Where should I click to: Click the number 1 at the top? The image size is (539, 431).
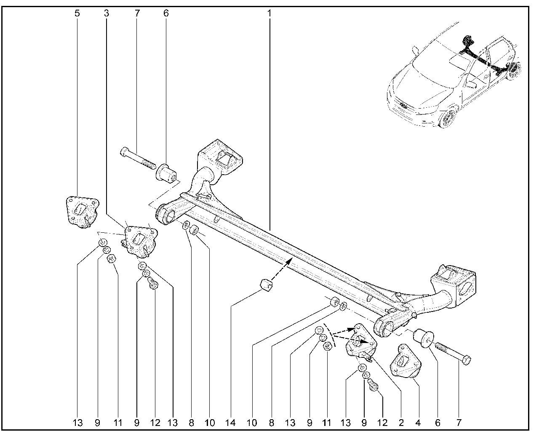click(x=269, y=13)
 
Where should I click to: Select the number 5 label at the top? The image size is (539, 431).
click(x=77, y=13)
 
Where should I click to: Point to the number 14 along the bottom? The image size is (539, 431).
click(x=231, y=422)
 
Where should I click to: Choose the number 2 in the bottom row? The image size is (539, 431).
click(x=400, y=422)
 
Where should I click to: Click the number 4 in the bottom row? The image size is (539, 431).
click(x=418, y=422)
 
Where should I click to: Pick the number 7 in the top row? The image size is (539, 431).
click(x=137, y=13)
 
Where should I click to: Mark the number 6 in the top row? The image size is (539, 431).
click(x=166, y=13)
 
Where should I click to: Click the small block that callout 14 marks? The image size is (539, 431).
click(x=266, y=285)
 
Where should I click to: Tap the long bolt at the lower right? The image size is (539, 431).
click(x=452, y=353)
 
